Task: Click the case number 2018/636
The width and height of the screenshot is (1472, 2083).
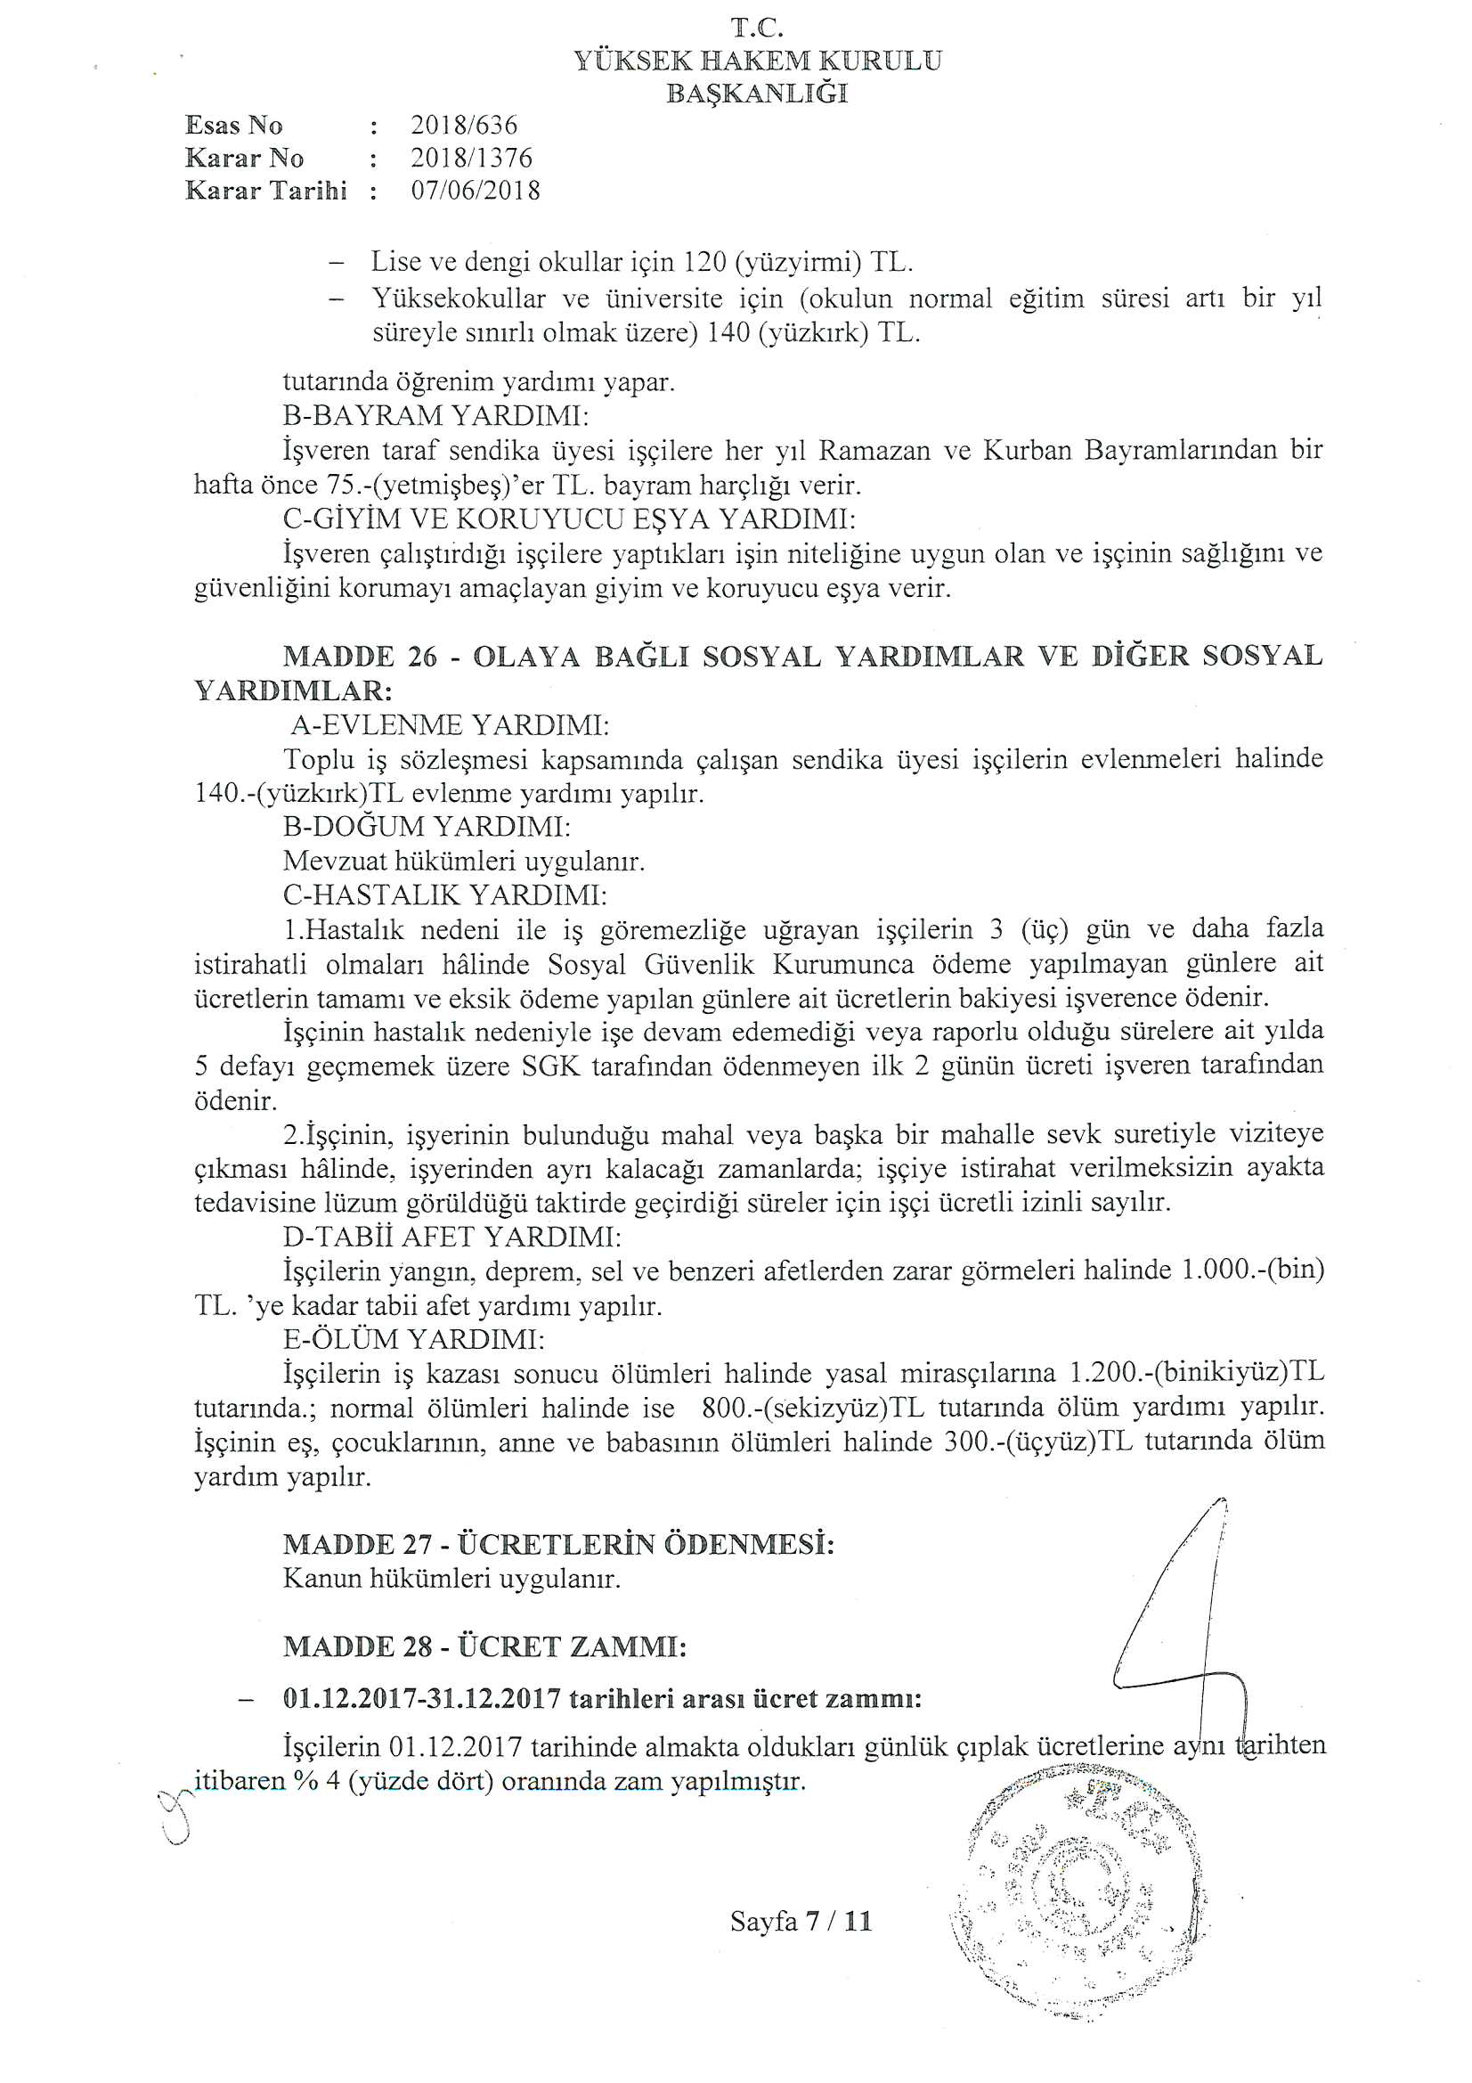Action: [463, 126]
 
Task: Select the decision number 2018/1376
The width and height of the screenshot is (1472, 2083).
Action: [471, 158]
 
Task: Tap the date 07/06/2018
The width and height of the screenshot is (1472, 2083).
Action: [476, 191]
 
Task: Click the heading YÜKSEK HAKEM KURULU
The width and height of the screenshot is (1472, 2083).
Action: [757, 61]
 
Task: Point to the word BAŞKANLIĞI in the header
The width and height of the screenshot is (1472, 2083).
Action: [757, 93]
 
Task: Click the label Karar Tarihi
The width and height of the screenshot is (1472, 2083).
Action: [265, 191]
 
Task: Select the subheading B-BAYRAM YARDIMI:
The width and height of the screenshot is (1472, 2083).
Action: [435, 415]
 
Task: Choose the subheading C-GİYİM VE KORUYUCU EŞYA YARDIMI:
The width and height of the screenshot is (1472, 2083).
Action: [570, 519]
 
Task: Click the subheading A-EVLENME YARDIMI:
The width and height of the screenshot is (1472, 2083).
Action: [450, 725]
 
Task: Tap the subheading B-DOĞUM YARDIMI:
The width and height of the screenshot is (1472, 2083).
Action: [427, 827]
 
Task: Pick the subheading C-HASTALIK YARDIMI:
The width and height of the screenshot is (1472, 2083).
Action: [444, 895]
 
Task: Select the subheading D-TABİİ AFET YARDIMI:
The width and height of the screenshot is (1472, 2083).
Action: [451, 1237]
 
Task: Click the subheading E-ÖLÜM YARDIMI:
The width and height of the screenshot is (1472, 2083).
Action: [413, 1339]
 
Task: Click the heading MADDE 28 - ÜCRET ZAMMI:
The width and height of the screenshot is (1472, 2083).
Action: [484, 1646]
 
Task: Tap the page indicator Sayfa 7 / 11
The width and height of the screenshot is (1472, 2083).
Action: [801, 1921]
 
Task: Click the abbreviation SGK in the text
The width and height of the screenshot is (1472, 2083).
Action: [550, 1066]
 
